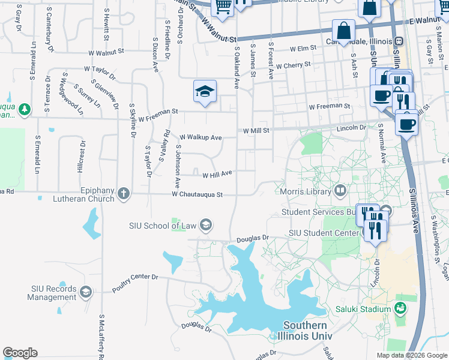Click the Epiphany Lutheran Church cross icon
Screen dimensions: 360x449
pos(123,193)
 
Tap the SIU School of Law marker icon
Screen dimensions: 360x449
pos(205,225)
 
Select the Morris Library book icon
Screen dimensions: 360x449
pos(340,191)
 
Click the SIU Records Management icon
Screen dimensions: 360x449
pos(86,292)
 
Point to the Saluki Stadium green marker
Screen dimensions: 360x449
pos(400,309)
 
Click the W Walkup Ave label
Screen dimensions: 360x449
pos(200,137)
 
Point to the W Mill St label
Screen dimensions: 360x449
pos(258,130)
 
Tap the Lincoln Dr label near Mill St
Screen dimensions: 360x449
pos(351,128)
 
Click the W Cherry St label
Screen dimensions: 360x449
pos(291,65)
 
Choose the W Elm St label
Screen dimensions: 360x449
pos(303,49)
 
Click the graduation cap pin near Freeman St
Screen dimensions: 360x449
pos(205,91)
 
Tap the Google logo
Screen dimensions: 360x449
pos(20,353)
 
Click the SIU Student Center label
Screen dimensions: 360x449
pos(323,232)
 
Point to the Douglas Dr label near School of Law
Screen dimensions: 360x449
pos(252,238)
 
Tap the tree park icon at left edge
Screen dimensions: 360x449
pos(24,109)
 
